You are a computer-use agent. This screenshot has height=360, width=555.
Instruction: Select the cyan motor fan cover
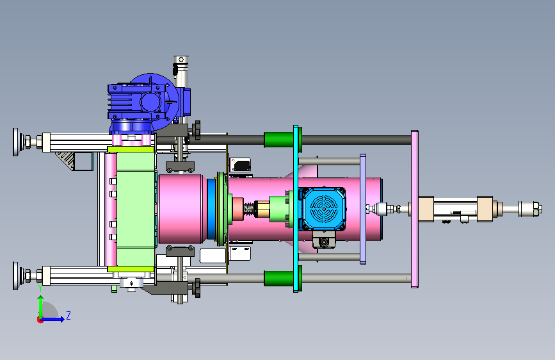(x=322, y=209)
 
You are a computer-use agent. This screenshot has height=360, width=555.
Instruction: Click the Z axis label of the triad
(x=68, y=315)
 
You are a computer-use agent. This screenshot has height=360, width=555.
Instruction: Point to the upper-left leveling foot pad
(x=16, y=142)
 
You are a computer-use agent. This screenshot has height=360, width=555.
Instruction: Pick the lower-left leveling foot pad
(x=16, y=275)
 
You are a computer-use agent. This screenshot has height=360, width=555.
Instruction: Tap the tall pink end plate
(x=414, y=209)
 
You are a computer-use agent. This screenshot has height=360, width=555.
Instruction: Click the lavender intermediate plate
(x=363, y=209)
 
